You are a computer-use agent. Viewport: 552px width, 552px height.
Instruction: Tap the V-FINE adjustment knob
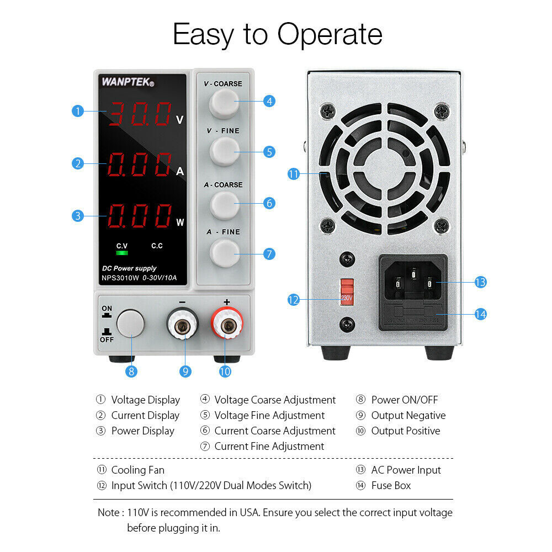223,151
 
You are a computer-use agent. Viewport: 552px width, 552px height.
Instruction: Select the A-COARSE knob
223,203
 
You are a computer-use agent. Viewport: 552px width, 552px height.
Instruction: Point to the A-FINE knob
223,253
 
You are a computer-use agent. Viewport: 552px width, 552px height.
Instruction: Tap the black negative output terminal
183,328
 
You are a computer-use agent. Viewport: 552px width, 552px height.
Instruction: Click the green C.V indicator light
121,253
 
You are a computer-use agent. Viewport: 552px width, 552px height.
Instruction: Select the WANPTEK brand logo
128,82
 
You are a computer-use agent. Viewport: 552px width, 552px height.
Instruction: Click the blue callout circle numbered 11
294,174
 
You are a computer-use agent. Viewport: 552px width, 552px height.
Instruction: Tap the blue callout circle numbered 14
480,314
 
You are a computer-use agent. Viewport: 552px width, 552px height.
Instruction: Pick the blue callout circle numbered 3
78,215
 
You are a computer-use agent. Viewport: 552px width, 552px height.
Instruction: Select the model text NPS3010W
120,278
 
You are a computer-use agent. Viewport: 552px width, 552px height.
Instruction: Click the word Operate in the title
330,34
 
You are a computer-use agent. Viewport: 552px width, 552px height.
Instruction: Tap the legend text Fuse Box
391,486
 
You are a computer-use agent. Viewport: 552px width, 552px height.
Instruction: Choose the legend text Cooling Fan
137,470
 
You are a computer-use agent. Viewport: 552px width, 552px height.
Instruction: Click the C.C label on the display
157,246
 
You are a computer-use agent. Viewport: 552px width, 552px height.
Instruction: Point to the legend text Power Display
142,431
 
